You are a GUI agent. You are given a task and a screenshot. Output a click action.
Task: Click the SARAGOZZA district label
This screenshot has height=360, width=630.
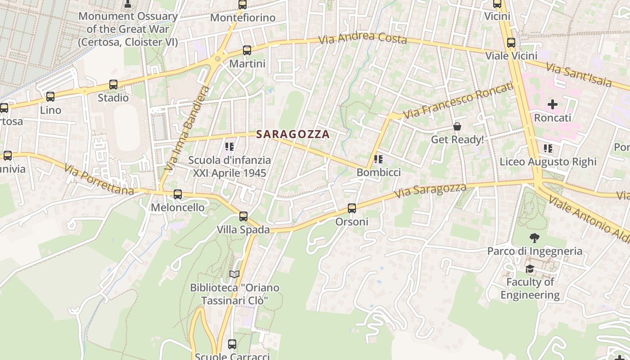(293, 134)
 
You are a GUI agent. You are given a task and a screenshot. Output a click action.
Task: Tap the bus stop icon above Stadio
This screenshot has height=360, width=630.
(113, 85)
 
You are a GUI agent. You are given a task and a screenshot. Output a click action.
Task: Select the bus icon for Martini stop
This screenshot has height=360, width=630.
(247, 50)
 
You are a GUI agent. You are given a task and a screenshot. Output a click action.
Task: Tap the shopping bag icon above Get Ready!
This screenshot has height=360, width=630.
(457, 126)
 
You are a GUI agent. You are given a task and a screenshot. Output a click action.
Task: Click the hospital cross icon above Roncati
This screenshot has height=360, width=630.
(553, 105)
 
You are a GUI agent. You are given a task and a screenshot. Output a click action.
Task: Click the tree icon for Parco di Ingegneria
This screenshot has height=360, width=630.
(535, 238)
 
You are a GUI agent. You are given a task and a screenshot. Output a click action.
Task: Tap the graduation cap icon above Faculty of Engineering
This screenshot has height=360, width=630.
(530, 269)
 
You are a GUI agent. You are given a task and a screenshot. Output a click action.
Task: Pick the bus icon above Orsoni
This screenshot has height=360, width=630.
(352, 208)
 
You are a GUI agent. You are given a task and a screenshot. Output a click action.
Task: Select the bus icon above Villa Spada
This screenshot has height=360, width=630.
(243, 216)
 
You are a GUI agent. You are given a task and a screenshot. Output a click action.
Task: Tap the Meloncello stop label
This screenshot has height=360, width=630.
(177, 207)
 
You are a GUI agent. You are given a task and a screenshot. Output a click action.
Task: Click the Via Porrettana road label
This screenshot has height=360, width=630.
(99, 180)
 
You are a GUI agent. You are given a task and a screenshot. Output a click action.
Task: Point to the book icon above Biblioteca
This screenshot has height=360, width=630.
(234, 274)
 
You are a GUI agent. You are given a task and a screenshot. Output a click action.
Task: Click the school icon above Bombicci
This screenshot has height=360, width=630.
(378, 159)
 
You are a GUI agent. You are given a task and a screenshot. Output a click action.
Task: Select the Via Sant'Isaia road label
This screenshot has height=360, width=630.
(579, 75)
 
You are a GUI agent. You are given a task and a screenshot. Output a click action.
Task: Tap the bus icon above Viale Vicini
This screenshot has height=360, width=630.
(511, 43)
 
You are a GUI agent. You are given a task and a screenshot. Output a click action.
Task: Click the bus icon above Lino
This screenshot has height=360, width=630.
(50, 97)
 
